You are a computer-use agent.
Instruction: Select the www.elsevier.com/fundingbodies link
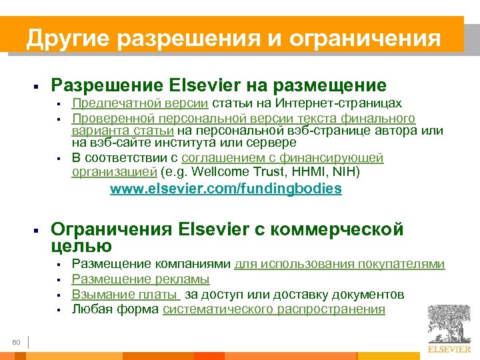click(225, 189)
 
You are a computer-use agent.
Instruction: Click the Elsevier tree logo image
click(449, 323)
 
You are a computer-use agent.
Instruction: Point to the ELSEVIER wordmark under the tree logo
click(449, 349)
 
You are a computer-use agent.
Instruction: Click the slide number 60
click(17, 342)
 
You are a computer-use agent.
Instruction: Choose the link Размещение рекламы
click(141, 279)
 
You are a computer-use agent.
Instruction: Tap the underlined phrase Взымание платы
click(125, 294)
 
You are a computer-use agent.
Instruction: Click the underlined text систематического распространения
click(274, 309)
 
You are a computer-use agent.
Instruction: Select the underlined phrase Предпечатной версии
click(140, 103)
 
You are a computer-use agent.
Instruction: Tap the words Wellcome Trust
click(259, 173)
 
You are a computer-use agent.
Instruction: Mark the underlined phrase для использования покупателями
click(339, 264)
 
